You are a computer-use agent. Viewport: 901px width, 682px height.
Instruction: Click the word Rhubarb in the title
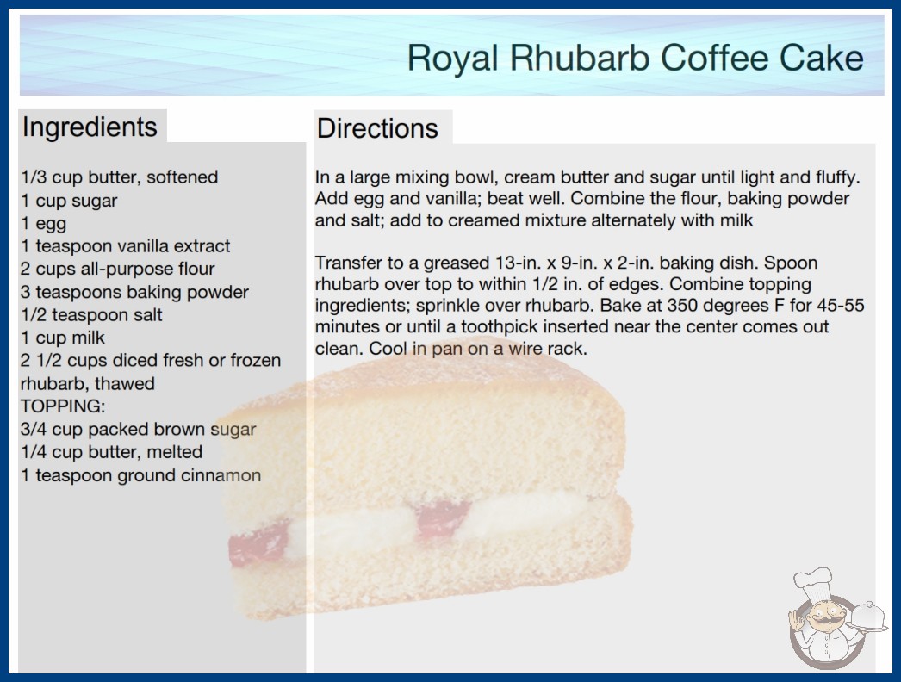click(x=580, y=58)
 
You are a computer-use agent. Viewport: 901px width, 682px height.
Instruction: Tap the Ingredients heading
click(x=90, y=127)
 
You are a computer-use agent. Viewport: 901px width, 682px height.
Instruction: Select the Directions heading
click(x=377, y=128)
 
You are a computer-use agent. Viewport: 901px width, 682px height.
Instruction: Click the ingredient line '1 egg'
click(x=44, y=224)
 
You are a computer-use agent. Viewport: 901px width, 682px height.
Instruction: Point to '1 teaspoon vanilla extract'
click(x=125, y=246)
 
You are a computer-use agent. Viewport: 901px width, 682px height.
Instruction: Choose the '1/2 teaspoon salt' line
click(x=91, y=315)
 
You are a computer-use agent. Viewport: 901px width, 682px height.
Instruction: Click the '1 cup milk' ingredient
click(x=63, y=338)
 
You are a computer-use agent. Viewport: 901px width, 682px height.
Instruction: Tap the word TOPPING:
click(x=63, y=406)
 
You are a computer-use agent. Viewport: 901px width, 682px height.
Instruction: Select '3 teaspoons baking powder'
click(x=134, y=292)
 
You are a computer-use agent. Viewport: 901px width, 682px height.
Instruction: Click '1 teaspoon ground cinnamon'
click(x=140, y=475)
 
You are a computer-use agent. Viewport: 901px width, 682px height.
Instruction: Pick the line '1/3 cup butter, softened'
click(x=120, y=177)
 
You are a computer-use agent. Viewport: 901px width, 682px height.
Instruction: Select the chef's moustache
click(x=824, y=621)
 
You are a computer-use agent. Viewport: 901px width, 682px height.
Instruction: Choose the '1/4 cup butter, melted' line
click(x=111, y=452)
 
